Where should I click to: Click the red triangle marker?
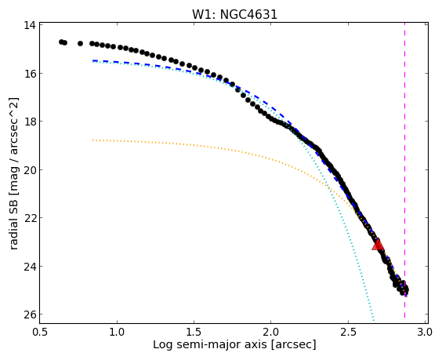pos(378,245)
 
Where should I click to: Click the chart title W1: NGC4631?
pos(234,14)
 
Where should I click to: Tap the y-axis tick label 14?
pos(30,25)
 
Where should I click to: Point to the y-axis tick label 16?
pos(30,73)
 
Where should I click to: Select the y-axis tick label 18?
pos(30,122)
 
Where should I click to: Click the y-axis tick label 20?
pos(30,169)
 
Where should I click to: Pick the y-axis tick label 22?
pos(30,218)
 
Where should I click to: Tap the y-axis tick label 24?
pos(30,266)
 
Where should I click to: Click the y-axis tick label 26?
pos(30,315)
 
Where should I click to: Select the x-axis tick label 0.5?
pos(40,332)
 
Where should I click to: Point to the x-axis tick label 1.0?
pos(117,332)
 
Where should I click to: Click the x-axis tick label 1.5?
pos(194,332)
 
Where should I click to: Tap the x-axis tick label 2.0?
pos(271,332)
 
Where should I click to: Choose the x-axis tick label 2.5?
pos(348,332)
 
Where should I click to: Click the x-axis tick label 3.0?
pos(425,332)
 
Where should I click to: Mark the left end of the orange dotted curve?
pos(93,140)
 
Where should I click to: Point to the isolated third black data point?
pos(81,43)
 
